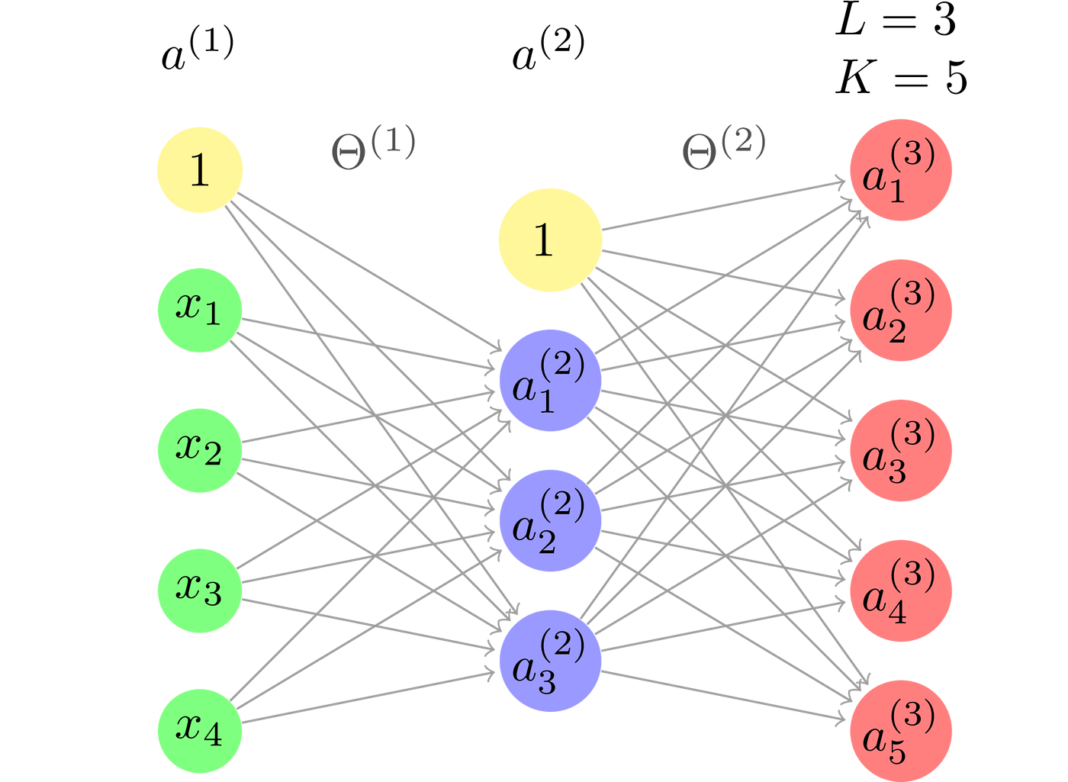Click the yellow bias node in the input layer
point(200,169)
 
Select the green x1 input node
point(200,310)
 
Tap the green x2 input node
point(200,450)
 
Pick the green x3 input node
point(200,590)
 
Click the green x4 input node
point(200,730)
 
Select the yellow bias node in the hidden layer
point(549,240)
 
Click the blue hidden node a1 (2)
point(549,380)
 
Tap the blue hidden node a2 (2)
point(549,520)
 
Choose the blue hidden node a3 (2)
point(549,661)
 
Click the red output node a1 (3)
point(901,169)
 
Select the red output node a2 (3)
point(901,310)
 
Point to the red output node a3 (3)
point(901,450)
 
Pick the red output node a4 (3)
point(901,590)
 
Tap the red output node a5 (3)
point(901,730)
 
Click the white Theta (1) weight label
point(375,146)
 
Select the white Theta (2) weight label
point(725,146)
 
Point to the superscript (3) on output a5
point(912,715)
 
